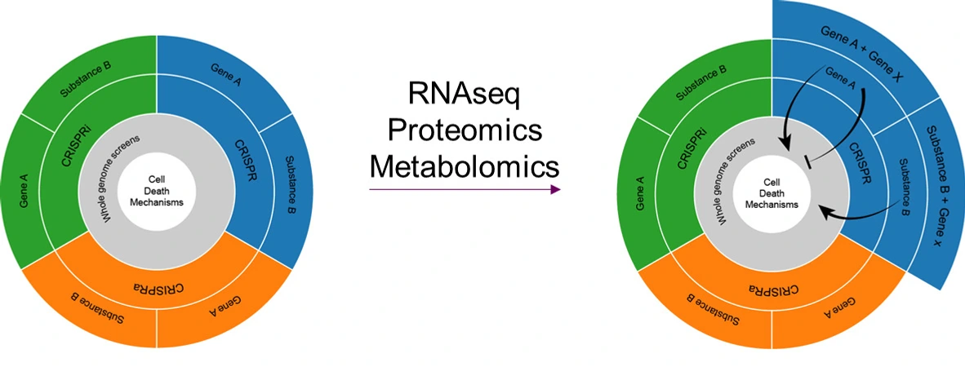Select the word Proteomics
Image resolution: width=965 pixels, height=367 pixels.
click(464, 130)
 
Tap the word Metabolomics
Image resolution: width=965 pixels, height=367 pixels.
click(464, 166)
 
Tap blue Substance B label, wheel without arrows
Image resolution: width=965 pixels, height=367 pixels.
click(292, 183)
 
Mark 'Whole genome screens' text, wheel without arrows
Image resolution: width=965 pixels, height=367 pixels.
click(121, 175)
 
